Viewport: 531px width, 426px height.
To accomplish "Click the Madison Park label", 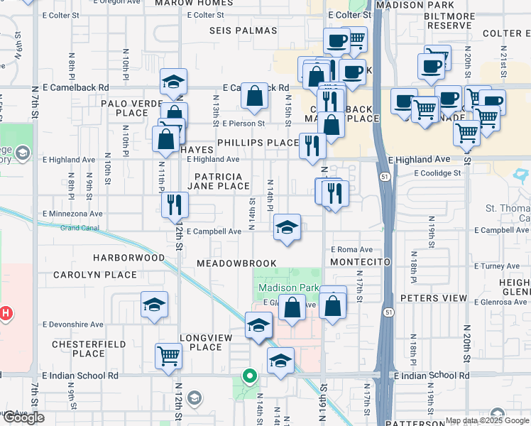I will pyautogui.click(x=285, y=288).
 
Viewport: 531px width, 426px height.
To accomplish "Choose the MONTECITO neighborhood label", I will pyautogui.click(x=361, y=262).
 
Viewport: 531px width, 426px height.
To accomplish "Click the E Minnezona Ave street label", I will pyautogui.click(x=72, y=213).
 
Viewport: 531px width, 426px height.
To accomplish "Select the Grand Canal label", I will pyautogui.click(x=79, y=228).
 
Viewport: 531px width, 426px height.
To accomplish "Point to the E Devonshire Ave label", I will pyautogui.click(x=73, y=324).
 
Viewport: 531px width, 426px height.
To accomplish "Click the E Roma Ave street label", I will pyautogui.click(x=351, y=250).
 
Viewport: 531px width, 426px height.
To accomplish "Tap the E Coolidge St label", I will pyautogui.click(x=432, y=173).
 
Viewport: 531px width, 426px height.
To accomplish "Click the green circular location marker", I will pyautogui.click(x=249, y=376).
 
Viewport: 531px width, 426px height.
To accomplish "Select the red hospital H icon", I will pyautogui.click(x=6, y=312).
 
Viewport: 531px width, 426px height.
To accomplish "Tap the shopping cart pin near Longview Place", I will pyautogui.click(x=168, y=355).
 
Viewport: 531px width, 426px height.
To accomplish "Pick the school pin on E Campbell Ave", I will pyautogui.click(x=287, y=227).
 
